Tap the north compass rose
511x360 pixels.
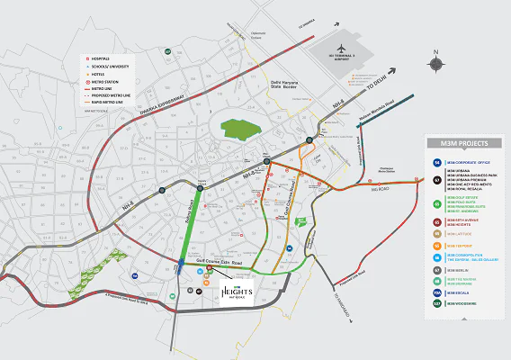click(x=436, y=63)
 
